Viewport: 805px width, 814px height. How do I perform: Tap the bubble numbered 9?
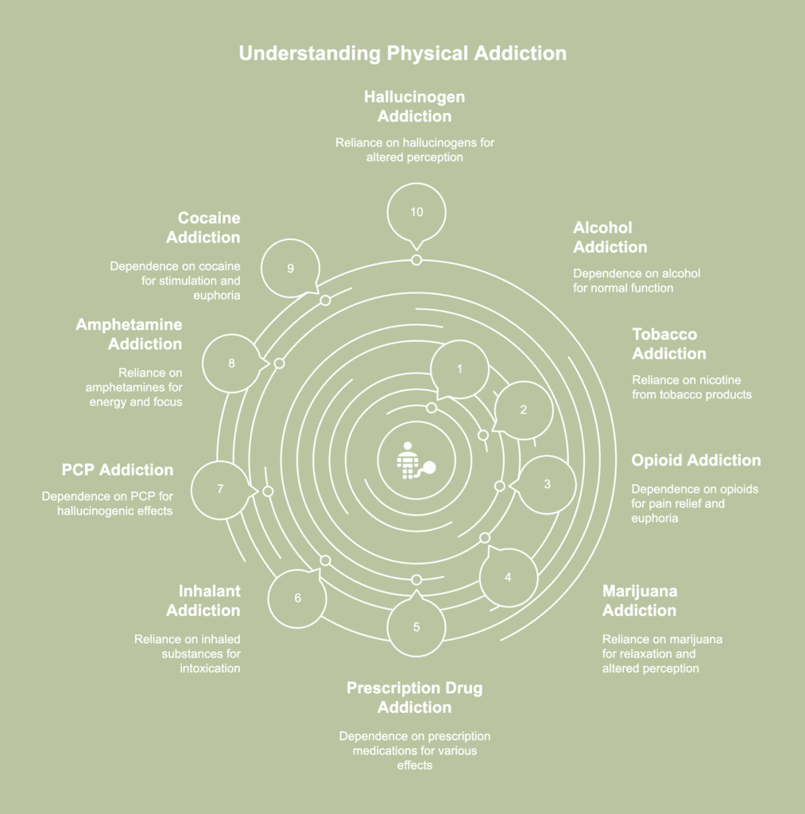[291, 268]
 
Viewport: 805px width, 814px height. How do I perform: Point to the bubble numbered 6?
[297, 598]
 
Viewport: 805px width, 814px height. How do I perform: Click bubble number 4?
[508, 576]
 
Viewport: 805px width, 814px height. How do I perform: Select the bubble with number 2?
[523, 410]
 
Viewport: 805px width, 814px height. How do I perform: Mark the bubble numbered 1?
[459, 370]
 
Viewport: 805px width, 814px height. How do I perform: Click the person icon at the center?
[416, 460]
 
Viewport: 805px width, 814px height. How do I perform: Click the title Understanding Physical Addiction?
[403, 53]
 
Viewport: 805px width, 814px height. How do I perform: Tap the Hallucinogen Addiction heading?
[414, 107]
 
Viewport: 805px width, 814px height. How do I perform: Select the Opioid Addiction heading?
[696, 460]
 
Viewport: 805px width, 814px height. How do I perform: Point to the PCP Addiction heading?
[118, 470]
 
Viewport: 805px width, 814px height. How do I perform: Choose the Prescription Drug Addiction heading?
[414, 698]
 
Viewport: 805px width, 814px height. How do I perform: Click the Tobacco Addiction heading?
[669, 343]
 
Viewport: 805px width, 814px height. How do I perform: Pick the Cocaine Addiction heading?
[203, 227]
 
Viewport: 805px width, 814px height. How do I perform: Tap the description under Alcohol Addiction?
[637, 281]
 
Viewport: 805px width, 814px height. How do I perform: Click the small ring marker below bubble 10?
[416, 260]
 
